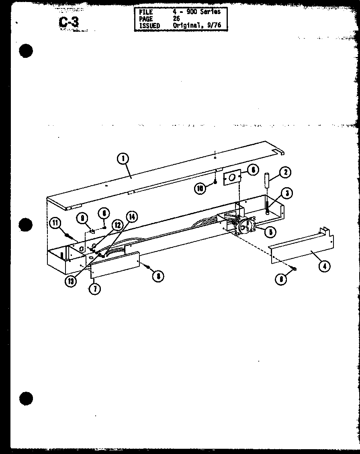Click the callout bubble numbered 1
[123, 159]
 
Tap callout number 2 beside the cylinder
[285, 173]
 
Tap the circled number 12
[118, 225]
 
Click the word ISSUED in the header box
[149, 26]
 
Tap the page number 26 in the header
[177, 18]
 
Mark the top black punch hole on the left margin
[25, 51]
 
